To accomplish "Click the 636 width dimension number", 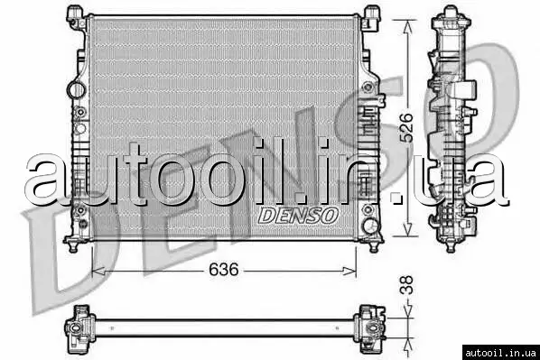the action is (224, 270).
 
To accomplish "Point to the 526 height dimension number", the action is (406, 127).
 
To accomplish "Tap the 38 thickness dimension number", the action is (406, 285).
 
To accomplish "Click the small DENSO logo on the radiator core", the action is (298, 216).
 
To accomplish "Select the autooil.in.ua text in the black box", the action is (500, 353).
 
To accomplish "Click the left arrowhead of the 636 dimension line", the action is (98, 271).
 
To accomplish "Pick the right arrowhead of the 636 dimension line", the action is (349, 271).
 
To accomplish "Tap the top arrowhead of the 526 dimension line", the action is (408, 27).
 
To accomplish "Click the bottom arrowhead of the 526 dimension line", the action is (408, 229).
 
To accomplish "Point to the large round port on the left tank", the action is (76, 90).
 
